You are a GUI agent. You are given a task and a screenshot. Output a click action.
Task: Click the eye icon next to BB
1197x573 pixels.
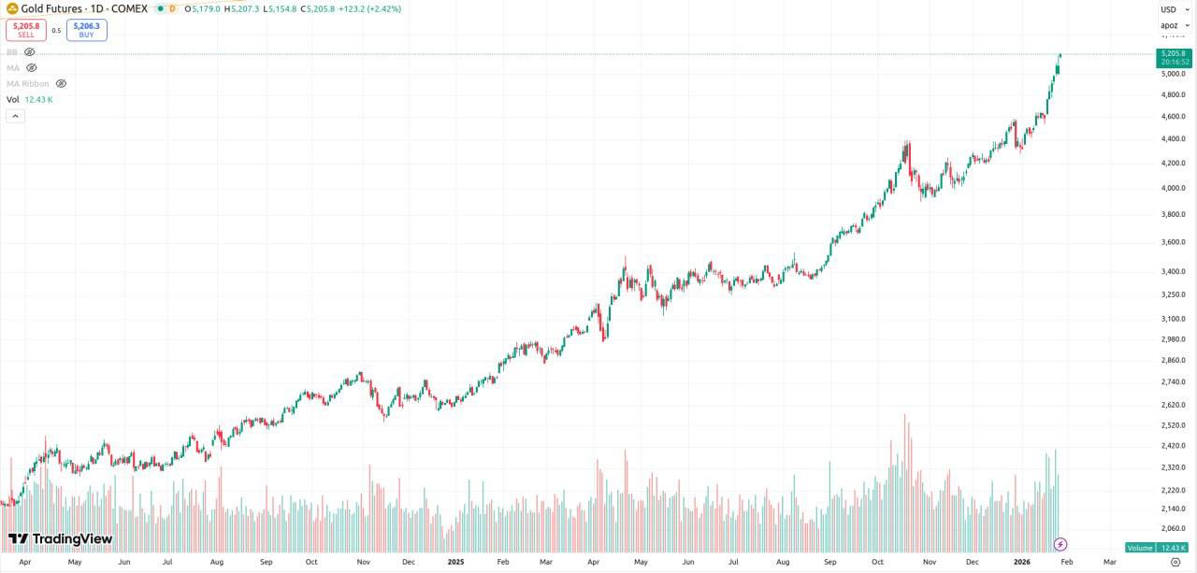(x=30, y=52)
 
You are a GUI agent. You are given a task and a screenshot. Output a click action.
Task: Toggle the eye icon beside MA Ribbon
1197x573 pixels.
(x=62, y=83)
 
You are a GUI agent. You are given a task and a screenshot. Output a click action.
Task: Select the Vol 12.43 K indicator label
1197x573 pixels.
(x=30, y=99)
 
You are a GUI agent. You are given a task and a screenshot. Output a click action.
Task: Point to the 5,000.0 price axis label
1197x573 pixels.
(x=1173, y=74)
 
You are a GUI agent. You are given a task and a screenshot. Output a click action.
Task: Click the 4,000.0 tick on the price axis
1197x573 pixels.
(x=1173, y=188)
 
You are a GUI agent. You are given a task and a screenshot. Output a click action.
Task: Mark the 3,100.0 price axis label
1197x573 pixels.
(x=1173, y=319)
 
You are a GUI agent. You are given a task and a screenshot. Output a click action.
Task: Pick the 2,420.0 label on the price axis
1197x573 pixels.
(x=1173, y=446)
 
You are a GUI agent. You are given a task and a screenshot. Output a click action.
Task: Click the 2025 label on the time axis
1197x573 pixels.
(x=455, y=563)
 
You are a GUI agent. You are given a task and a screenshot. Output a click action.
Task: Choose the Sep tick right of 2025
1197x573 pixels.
(x=829, y=563)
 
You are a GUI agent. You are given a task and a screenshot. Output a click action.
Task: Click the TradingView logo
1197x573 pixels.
(x=60, y=539)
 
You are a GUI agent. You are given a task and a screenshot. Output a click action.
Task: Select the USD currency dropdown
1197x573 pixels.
(x=1170, y=9)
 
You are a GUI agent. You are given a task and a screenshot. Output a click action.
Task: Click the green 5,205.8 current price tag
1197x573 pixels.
(x=1173, y=58)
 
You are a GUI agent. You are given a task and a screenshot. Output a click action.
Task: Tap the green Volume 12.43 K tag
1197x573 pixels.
(x=1157, y=548)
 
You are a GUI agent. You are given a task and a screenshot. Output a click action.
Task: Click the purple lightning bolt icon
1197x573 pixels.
(x=1060, y=544)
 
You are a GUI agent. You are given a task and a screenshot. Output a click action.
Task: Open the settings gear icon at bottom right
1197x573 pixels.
(x=1175, y=563)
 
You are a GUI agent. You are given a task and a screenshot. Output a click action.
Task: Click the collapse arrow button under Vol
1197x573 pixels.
(x=15, y=116)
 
